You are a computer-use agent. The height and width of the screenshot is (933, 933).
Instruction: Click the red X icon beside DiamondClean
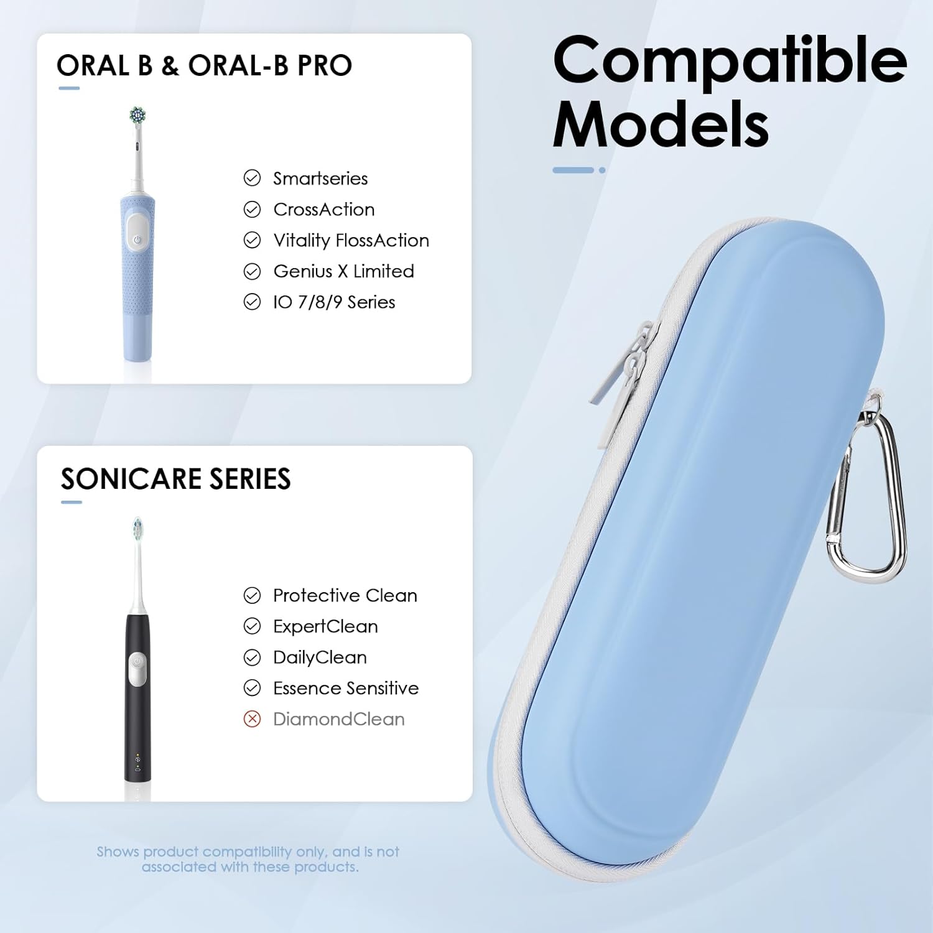tap(252, 719)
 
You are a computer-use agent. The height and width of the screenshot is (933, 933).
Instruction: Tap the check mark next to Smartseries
tap(252, 179)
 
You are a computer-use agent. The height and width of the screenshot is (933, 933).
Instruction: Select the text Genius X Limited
tap(343, 271)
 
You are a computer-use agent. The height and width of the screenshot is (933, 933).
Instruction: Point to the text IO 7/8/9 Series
tap(334, 302)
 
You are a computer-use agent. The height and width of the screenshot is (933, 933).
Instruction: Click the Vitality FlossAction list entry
tap(351, 240)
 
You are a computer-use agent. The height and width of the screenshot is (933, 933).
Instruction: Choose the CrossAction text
tap(323, 210)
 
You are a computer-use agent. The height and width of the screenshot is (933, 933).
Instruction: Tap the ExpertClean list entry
tap(325, 626)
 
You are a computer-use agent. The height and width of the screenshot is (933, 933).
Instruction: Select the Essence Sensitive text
tap(345, 688)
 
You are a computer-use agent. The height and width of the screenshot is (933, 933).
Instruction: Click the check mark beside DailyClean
tap(252, 657)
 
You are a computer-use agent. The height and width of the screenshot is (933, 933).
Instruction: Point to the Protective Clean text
tap(345, 595)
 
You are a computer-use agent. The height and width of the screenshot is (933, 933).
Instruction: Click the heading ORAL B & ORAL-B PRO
tap(204, 65)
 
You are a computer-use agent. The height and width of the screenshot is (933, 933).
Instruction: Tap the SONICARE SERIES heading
tap(175, 479)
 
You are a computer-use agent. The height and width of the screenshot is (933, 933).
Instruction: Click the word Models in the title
tap(661, 124)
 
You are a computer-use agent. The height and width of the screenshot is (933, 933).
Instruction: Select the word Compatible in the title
tap(729, 60)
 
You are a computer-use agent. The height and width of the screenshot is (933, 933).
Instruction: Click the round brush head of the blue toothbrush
tap(137, 115)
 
